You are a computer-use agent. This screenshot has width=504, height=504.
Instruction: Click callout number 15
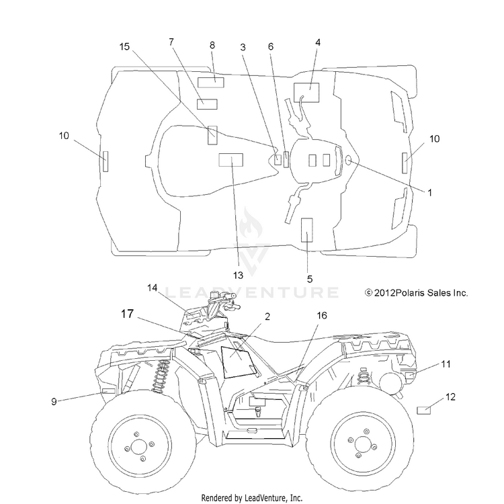pos(124,46)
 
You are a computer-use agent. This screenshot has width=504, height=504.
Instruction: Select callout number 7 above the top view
pos(171,42)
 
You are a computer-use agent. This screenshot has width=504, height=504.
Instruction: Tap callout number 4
pos(318,42)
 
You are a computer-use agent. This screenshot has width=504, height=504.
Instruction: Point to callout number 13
pos(238,275)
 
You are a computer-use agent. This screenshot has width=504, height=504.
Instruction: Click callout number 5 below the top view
pos(310,279)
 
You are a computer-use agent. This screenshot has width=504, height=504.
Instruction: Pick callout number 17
pos(127,313)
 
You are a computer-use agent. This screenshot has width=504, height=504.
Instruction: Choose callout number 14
pos(153,288)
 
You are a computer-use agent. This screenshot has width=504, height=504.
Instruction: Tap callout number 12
pos(451,397)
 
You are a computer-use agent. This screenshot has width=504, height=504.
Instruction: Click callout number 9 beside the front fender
pos(54,401)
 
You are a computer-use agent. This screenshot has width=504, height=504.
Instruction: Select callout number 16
pos(322,315)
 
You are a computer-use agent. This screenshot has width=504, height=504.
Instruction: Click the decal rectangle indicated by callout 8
pos(210,83)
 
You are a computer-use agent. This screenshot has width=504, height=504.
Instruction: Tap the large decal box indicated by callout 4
pos(306,93)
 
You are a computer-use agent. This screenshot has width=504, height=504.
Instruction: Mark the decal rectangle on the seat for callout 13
pos(230,160)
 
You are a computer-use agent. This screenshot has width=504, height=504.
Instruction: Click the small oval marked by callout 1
pos(348,160)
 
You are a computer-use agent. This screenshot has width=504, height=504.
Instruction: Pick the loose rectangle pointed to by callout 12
pos(423,411)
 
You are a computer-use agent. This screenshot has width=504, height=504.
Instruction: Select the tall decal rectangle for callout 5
pos(306,230)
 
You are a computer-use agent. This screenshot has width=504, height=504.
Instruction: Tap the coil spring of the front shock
pos(160,376)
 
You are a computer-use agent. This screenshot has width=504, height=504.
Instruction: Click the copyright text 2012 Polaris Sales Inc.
pos(416,293)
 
